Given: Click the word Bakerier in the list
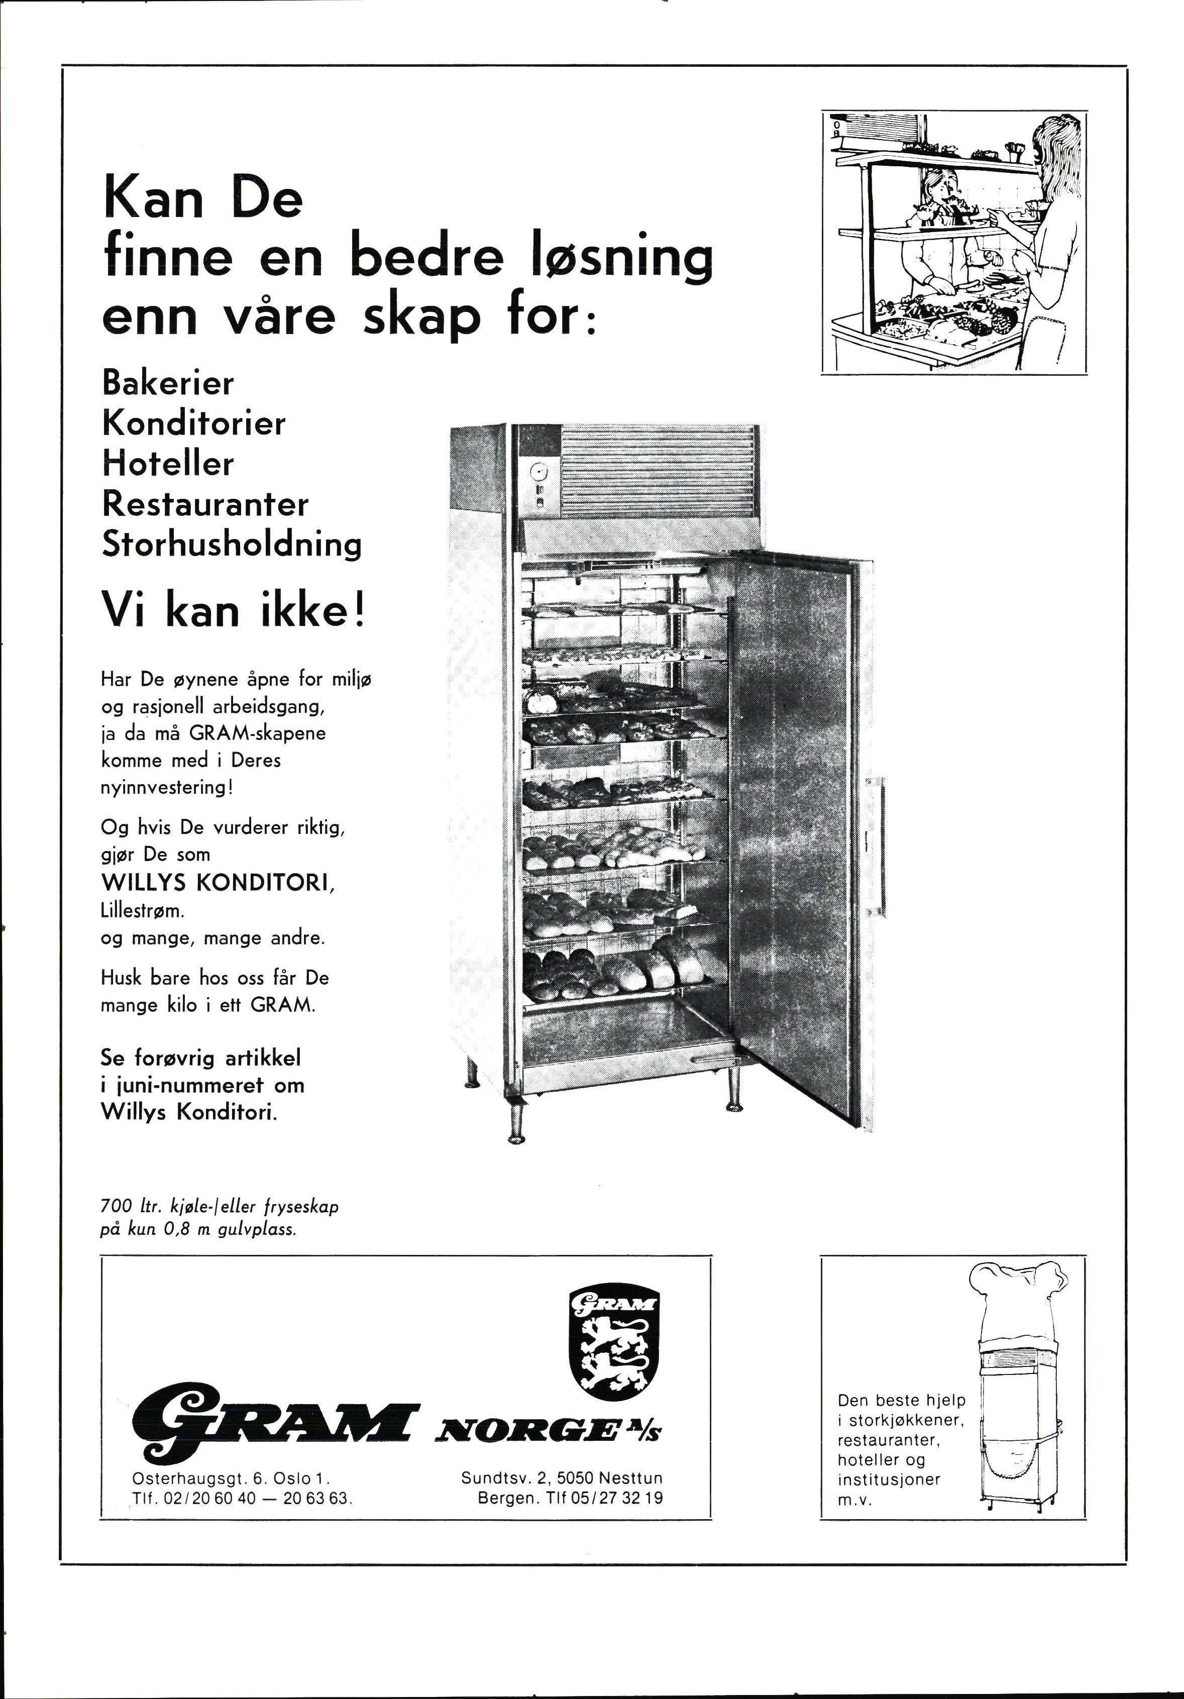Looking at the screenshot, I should pos(167,383).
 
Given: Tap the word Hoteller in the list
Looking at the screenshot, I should pos(167,464).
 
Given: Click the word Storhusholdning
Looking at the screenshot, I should pos(231,546).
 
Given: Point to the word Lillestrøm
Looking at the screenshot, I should pos(137,912).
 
